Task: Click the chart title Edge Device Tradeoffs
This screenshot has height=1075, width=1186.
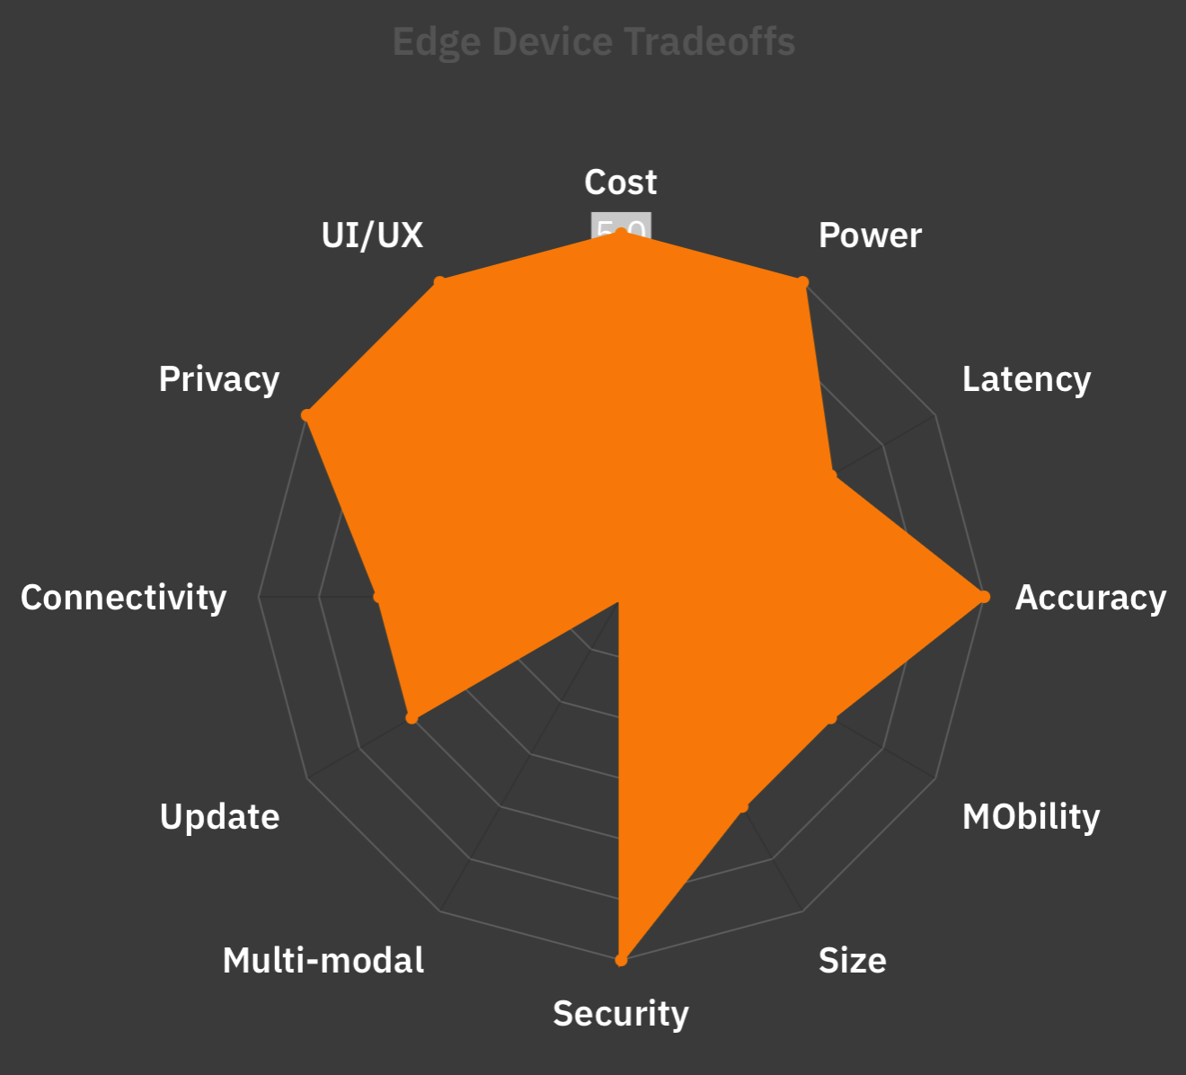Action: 594,42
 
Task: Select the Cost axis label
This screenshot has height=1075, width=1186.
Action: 621,182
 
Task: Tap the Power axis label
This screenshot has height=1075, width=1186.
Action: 870,235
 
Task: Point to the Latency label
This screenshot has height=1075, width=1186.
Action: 1026,379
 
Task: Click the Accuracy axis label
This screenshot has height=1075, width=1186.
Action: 1090,598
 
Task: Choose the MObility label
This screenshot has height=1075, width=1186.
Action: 1031,817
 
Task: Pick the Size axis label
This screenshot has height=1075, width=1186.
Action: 852,961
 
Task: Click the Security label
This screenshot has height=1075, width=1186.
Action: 621,1014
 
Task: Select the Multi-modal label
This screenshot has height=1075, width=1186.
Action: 323,961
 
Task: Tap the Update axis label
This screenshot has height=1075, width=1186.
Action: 219,817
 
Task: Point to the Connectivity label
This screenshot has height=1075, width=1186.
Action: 124,598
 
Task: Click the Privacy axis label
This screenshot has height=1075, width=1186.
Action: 219,379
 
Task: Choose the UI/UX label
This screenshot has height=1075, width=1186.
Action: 372,235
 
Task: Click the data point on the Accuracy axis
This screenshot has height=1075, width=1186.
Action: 984,597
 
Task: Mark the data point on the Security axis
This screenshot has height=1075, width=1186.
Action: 621,960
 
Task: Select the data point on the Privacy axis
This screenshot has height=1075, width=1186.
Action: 306,415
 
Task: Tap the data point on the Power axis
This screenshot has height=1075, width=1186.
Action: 801,282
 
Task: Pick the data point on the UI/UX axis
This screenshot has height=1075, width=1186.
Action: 439,282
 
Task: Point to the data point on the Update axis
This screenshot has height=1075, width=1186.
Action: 412,718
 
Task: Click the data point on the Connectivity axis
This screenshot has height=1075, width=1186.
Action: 378,597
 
